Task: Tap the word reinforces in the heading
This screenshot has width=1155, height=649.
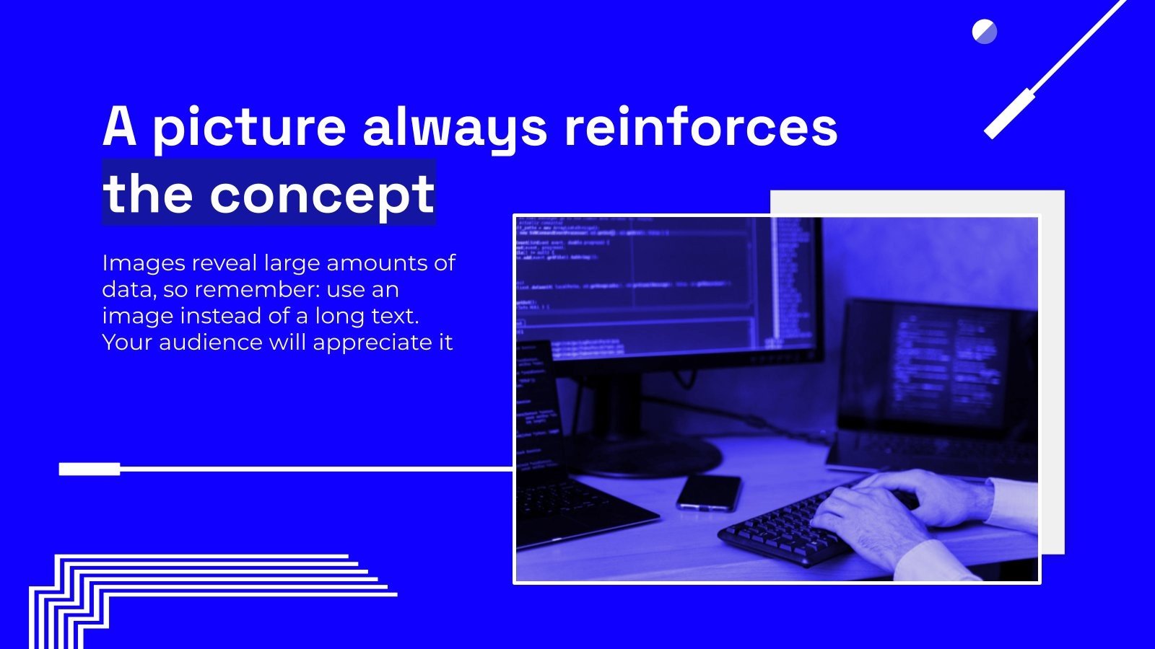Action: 700,127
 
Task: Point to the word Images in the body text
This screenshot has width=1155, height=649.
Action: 142,263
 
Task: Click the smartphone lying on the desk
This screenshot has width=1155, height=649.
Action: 709,493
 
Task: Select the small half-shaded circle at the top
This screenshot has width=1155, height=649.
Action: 984,32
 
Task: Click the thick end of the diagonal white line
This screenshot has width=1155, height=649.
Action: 1009,114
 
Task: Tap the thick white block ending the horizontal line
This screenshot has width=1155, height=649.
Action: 90,469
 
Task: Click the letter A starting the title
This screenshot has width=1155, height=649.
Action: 119,127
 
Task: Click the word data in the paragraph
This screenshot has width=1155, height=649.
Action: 127,290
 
